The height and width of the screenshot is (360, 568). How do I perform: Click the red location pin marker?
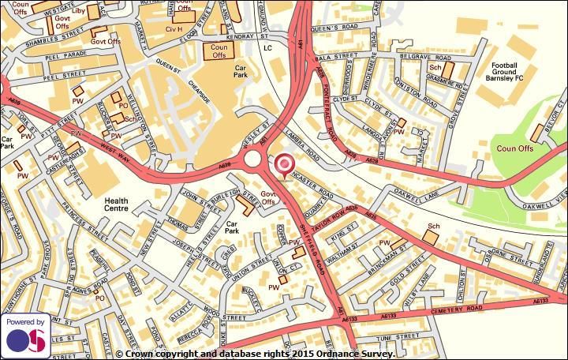coord(282,165)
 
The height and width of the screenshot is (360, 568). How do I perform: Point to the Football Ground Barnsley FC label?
coord(514,72)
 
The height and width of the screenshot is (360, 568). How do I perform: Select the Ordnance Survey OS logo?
coord(25,336)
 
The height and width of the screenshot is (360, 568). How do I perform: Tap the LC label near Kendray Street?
coord(267,48)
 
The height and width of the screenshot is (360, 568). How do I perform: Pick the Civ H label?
coord(174,29)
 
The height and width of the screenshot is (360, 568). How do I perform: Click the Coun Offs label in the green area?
coord(515,148)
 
